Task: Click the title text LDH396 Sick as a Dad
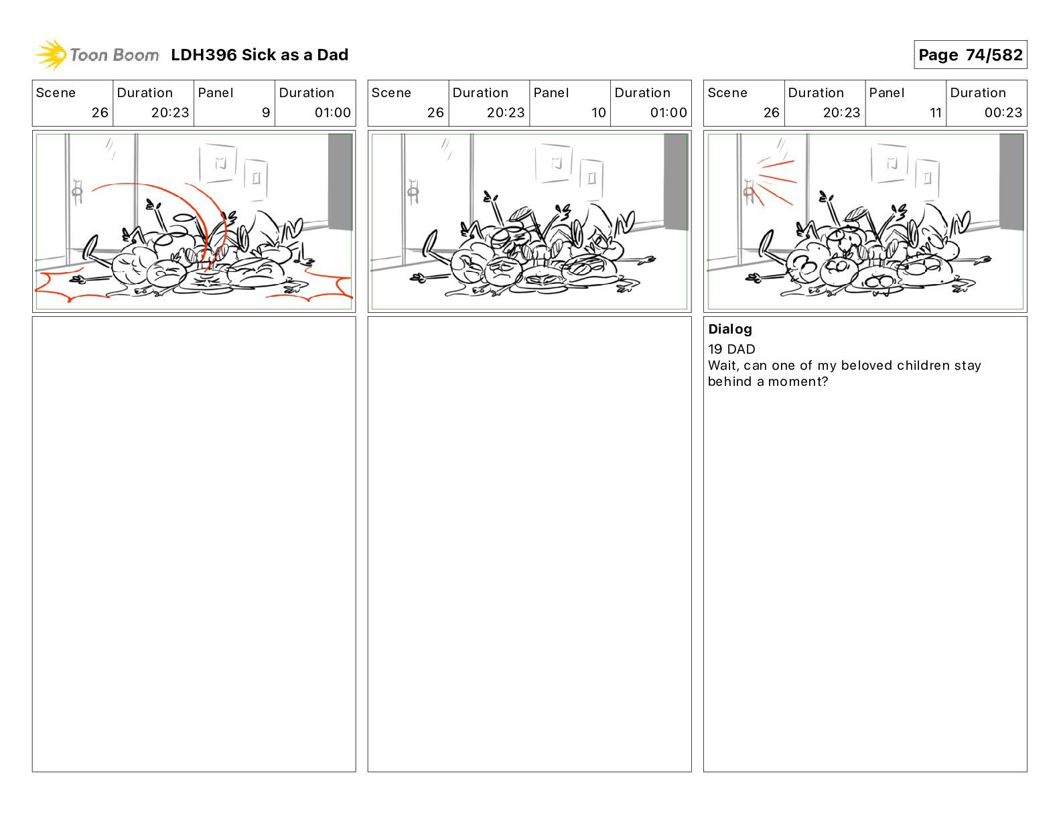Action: click(259, 55)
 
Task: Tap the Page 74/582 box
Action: click(970, 55)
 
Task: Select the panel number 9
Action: click(266, 113)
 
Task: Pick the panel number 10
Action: click(598, 113)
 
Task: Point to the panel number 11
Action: click(935, 113)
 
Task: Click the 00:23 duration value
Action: click(1003, 113)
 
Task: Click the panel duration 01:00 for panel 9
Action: click(332, 113)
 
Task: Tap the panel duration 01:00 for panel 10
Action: click(668, 113)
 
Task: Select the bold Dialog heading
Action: click(730, 329)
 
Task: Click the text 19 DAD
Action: click(731, 349)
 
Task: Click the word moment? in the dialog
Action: click(798, 381)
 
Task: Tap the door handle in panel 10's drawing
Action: click(413, 192)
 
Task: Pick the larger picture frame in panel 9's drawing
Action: click(218, 163)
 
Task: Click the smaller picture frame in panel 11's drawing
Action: click(927, 179)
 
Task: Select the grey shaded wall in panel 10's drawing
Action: click(676, 182)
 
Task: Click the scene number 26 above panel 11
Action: click(771, 113)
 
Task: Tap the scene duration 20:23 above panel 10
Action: click(505, 113)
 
